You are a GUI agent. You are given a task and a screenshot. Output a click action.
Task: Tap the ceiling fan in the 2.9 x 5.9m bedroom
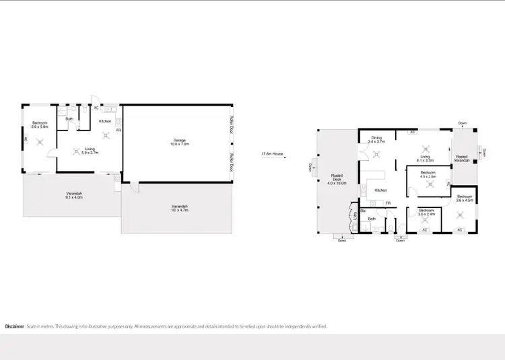40,141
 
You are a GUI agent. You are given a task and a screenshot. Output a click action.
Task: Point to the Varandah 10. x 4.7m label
179,208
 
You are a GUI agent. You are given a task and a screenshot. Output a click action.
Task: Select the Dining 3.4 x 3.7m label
377,140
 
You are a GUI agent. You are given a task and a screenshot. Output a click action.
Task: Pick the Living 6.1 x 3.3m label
425,159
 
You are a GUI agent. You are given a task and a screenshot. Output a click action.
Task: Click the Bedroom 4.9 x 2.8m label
428,174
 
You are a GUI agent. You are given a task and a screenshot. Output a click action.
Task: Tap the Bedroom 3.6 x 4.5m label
465,199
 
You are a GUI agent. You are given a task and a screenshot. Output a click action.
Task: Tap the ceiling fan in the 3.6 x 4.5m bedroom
461,215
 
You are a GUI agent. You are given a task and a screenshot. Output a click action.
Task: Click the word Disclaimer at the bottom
15,326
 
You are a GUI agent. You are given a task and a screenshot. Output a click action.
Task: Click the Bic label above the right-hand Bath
364,211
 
